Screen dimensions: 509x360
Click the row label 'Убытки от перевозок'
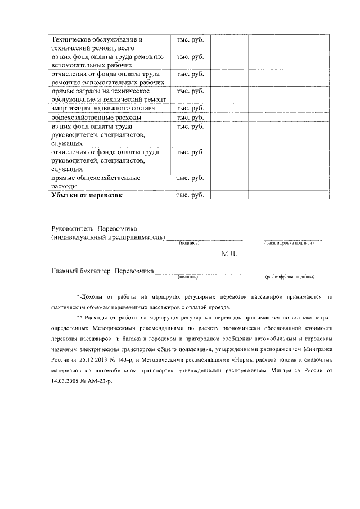[87, 195]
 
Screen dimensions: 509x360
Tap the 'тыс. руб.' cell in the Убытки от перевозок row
[190, 195]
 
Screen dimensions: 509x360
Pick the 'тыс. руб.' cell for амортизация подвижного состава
[190, 109]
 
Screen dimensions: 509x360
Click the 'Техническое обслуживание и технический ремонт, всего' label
[97, 44]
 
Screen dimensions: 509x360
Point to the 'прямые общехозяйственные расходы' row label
[95, 182]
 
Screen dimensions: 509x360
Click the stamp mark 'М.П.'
[230, 254]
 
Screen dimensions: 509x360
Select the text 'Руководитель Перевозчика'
[94, 229]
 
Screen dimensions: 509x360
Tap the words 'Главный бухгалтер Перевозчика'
[102, 271]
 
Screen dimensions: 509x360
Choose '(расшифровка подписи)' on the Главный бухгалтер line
[289, 277]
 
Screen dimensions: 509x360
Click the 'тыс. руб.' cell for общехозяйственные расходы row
[190, 118]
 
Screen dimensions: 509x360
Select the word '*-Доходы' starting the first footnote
[90, 296]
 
